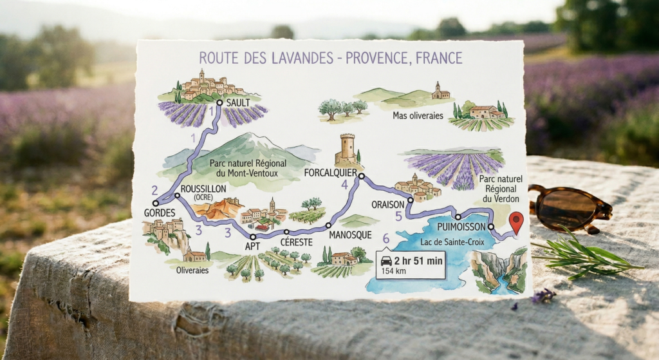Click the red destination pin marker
point(515,222)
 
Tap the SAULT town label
point(238,102)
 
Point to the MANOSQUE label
point(350,236)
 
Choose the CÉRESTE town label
point(297,242)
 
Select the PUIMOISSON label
point(459,227)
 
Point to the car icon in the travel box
point(386,261)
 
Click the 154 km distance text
point(393,271)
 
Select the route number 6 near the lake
point(386,239)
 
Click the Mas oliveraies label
point(418,115)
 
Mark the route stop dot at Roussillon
point(177,195)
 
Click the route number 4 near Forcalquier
point(345,185)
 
